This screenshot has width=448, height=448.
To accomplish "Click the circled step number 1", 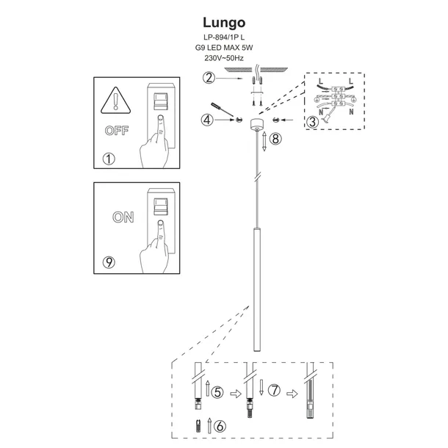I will pos(110,159).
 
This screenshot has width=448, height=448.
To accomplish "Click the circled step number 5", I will pos(217,393).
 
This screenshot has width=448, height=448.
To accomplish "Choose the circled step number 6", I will pos(219,424).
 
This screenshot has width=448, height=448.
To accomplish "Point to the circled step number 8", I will pos(275,138).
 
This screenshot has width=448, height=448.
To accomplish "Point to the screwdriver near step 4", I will pos(223,109).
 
